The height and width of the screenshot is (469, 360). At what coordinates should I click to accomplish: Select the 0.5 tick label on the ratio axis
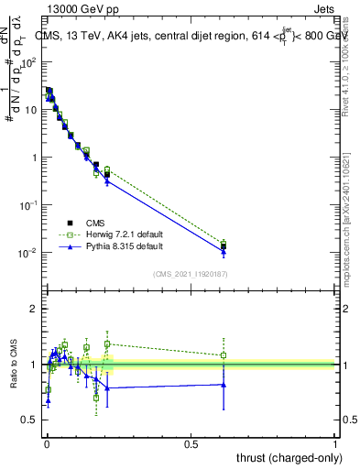(28, 420)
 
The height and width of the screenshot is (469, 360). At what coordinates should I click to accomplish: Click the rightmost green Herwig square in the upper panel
(224, 243)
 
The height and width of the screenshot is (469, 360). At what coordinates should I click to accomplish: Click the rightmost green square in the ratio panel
(224, 355)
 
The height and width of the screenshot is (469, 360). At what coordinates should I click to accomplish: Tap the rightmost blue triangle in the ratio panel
(224, 385)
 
